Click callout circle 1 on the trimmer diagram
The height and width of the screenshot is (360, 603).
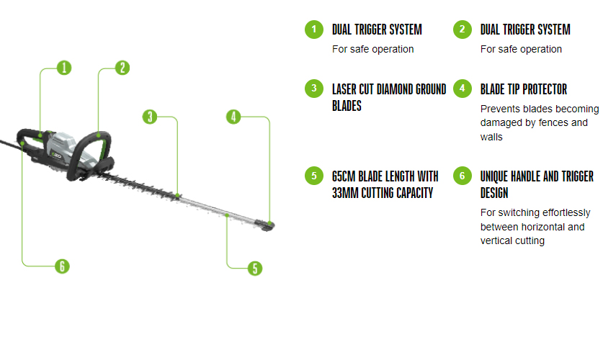tap(64, 68)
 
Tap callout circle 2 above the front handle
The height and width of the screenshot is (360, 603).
tap(122, 68)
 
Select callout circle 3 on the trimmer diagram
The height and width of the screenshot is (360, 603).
tap(150, 117)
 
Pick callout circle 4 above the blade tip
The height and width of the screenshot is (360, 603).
tap(233, 117)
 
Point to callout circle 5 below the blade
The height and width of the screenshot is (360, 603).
tap(254, 268)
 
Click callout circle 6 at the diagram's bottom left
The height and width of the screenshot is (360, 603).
tap(63, 266)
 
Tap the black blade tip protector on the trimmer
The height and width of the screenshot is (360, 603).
tap(268, 226)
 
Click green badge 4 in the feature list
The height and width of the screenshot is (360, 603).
tap(462, 89)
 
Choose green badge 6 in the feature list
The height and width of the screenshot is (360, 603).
tap(462, 176)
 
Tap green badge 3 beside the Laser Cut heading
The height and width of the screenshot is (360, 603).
tap(313, 89)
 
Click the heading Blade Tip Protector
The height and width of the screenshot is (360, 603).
tap(523, 89)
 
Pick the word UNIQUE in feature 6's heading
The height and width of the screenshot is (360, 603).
tap(498, 176)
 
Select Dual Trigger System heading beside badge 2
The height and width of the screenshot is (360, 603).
tap(525, 30)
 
